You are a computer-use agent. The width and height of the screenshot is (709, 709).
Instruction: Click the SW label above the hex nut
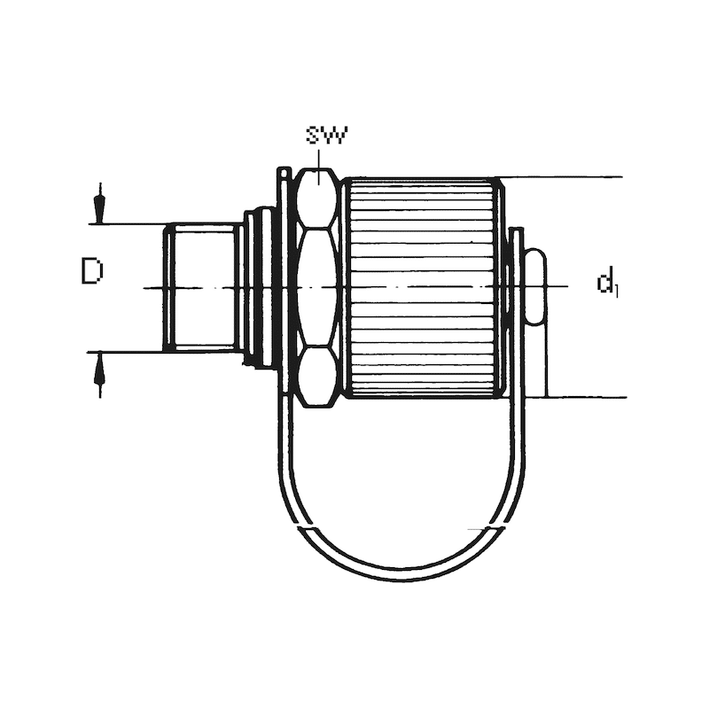coord(327,135)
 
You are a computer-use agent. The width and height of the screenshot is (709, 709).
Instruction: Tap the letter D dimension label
coord(92,271)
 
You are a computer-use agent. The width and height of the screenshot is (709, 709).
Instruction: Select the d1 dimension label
coord(607,282)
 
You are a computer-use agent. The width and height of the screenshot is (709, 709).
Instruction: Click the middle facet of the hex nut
coord(318,287)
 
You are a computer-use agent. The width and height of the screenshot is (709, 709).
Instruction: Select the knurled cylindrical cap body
coord(422,287)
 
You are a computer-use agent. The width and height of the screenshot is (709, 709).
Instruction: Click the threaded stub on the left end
coord(202,287)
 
